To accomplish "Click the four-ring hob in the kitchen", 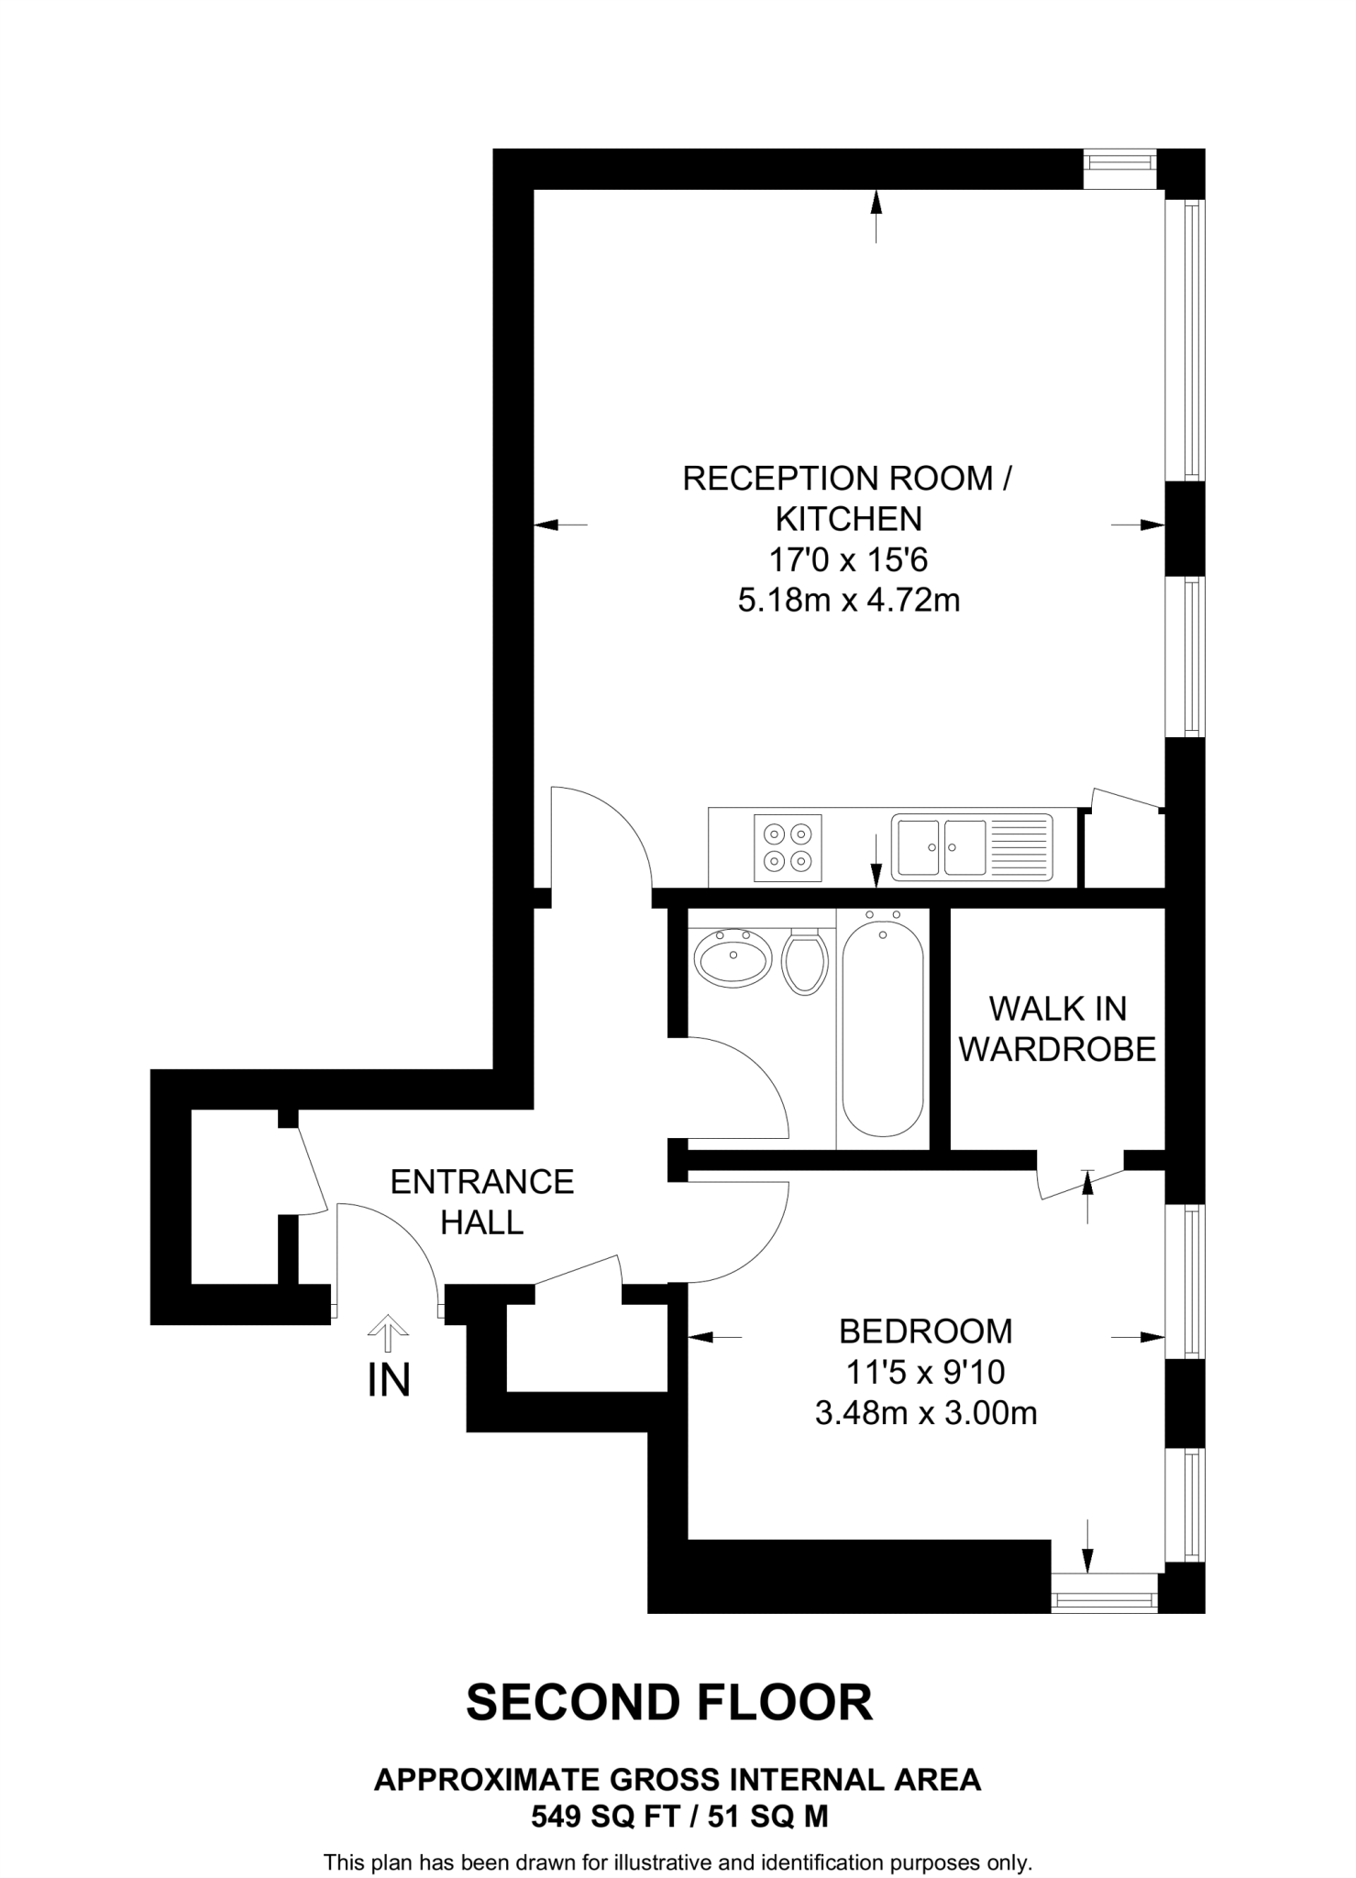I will point(788,847).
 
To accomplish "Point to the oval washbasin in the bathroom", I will point(732,957).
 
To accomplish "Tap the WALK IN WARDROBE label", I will point(1057,1029).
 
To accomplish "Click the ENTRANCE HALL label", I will point(482,1201).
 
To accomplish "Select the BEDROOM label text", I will point(926,1331).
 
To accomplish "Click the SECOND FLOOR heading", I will point(669,1703).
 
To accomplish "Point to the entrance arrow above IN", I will point(388,1333).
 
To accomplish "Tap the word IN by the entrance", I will point(389,1381).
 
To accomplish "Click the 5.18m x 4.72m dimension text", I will point(849,601).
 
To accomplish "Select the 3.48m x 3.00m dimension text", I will point(926,1413).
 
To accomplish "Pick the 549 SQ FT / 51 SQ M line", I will point(679,1817).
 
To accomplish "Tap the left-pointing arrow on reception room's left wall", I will point(559,525).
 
